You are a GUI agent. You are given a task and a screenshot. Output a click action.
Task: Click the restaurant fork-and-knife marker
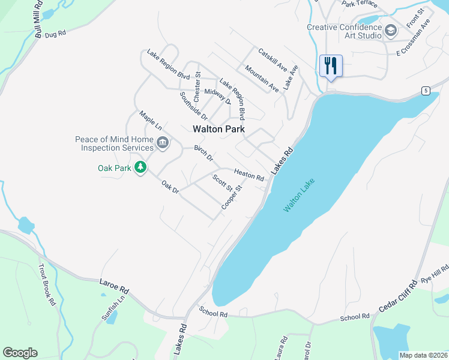pyautogui.click(x=331, y=65)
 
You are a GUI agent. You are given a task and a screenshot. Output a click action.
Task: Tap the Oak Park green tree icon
pyautogui.click(x=140, y=167)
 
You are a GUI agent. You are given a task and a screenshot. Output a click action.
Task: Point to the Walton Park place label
pyautogui.click(x=218, y=129)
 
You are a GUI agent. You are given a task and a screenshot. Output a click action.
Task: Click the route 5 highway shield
pyautogui.click(x=426, y=91)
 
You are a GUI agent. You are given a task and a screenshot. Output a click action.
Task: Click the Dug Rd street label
pyautogui.click(x=55, y=35)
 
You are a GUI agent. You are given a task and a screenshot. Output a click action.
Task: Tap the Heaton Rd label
pyautogui.click(x=249, y=175)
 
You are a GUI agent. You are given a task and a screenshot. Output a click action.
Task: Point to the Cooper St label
pyautogui.click(x=232, y=197)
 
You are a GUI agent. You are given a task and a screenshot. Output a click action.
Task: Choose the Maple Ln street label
pyautogui.click(x=151, y=120)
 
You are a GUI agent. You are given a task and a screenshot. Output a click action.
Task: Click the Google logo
pyautogui.click(x=20, y=353)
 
